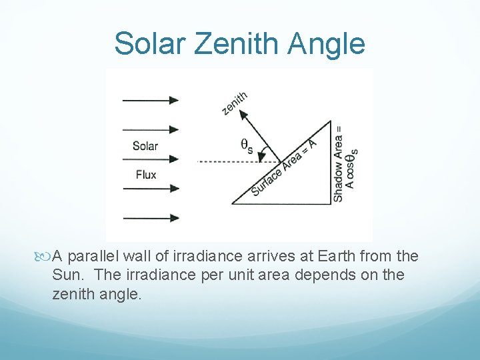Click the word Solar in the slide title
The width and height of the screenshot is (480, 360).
151,44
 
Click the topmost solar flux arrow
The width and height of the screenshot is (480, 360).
150,100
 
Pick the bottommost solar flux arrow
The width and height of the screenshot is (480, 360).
150,217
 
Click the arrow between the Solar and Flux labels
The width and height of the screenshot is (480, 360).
150,159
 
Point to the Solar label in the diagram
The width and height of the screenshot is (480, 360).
145,145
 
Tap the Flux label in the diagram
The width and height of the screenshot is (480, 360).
145,175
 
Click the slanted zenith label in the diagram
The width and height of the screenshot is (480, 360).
235,103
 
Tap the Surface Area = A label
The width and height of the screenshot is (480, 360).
283,166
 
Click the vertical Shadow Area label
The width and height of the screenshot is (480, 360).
339,163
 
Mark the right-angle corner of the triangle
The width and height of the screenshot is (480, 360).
330,203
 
